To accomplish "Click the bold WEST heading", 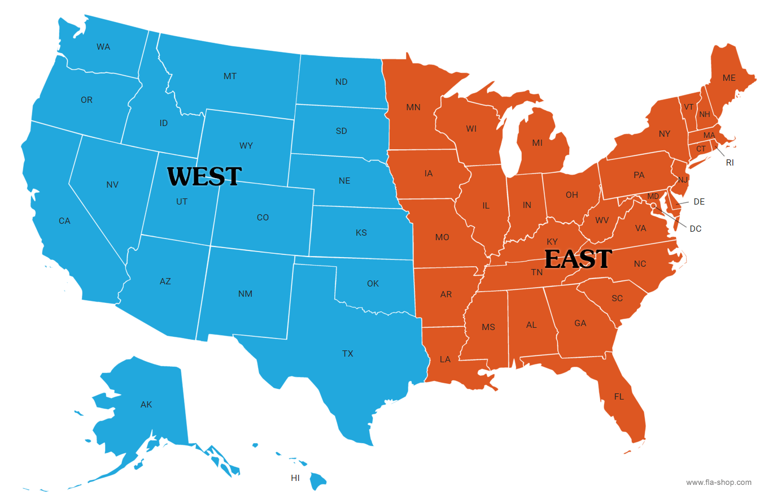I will (x=204, y=176).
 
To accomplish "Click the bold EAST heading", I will (x=578, y=259).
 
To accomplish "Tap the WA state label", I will (x=103, y=47).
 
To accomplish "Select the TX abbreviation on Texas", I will (x=348, y=354).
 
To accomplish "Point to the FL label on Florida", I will (x=619, y=397).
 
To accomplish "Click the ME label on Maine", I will (x=729, y=78).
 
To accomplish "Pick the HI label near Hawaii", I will (x=295, y=478).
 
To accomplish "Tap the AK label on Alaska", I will (x=146, y=405).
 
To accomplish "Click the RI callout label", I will (x=730, y=163).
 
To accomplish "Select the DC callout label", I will (x=696, y=229).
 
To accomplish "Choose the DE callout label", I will (x=699, y=202).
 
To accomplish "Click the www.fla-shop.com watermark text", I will (x=719, y=483).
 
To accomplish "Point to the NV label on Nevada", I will (x=112, y=185).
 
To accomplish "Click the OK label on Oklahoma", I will (x=373, y=284).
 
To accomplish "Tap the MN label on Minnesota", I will (x=413, y=107).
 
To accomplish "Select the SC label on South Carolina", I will (x=617, y=298).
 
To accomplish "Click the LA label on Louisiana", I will (x=445, y=359).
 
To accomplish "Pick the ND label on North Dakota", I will (x=341, y=82).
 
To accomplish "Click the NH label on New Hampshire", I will (x=705, y=115).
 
